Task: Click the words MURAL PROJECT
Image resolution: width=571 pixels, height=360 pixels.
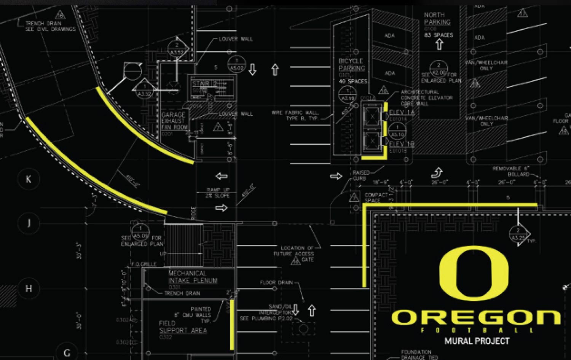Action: click(x=477, y=341)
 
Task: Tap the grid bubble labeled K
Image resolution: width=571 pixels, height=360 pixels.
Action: click(x=29, y=179)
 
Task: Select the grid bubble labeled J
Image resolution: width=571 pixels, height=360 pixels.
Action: click(x=29, y=223)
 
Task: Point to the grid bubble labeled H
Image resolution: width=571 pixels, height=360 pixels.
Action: click(x=29, y=289)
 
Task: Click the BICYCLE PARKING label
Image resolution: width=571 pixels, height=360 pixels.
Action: click(x=352, y=64)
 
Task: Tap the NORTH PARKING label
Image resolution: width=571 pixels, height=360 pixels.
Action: click(x=437, y=19)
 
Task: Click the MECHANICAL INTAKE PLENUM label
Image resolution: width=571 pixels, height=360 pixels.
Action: click(x=193, y=277)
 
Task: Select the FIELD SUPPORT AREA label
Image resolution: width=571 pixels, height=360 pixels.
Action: click(x=183, y=327)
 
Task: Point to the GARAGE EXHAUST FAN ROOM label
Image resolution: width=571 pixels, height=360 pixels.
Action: click(x=174, y=121)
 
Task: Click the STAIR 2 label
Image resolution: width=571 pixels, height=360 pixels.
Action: click(x=204, y=83)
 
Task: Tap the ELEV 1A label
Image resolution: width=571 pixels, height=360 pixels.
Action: click(x=401, y=113)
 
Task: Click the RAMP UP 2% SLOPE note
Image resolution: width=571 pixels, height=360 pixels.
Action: click(x=217, y=193)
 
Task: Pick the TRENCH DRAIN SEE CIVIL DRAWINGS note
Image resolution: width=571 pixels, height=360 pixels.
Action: click(x=50, y=26)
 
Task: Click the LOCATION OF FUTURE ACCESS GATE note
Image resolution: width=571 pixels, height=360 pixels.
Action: click(x=297, y=253)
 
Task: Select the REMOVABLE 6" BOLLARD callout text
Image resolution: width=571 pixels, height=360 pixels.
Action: click(x=511, y=171)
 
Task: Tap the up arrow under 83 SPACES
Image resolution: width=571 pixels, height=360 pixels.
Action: click(x=439, y=45)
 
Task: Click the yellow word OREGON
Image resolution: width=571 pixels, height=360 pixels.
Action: click(x=476, y=317)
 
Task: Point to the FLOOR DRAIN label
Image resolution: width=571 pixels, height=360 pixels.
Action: click(x=276, y=282)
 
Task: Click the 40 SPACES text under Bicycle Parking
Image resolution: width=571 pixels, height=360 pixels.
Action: click(x=353, y=81)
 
